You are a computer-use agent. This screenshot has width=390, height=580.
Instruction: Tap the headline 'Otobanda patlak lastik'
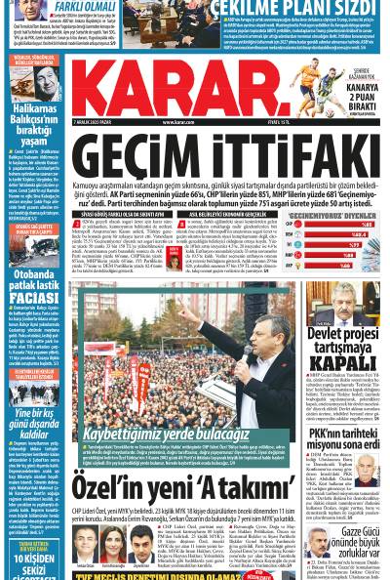[x=35, y=282]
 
